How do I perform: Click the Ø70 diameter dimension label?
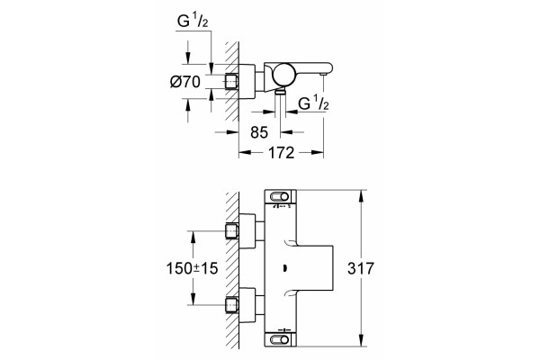(x=185, y=82)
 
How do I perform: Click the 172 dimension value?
(x=282, y=153)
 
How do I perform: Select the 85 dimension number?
(x=259, y=132)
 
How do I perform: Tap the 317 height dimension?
(x=361, y=268)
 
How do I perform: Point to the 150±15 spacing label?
(x=193, y=268)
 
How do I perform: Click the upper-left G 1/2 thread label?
(x=193, y=21)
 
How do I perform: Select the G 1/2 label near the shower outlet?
(x=313, y=103)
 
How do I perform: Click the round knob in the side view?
(x=283, y=75)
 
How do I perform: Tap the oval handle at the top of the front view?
(x=279, y=197)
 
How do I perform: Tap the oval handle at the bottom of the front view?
(x=279, y=340)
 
